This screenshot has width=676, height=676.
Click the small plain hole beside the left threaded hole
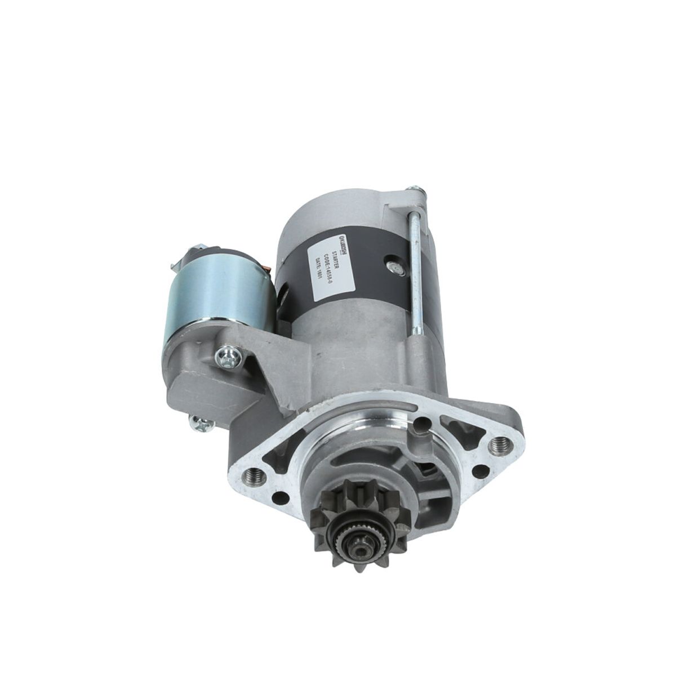(278, 497)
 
